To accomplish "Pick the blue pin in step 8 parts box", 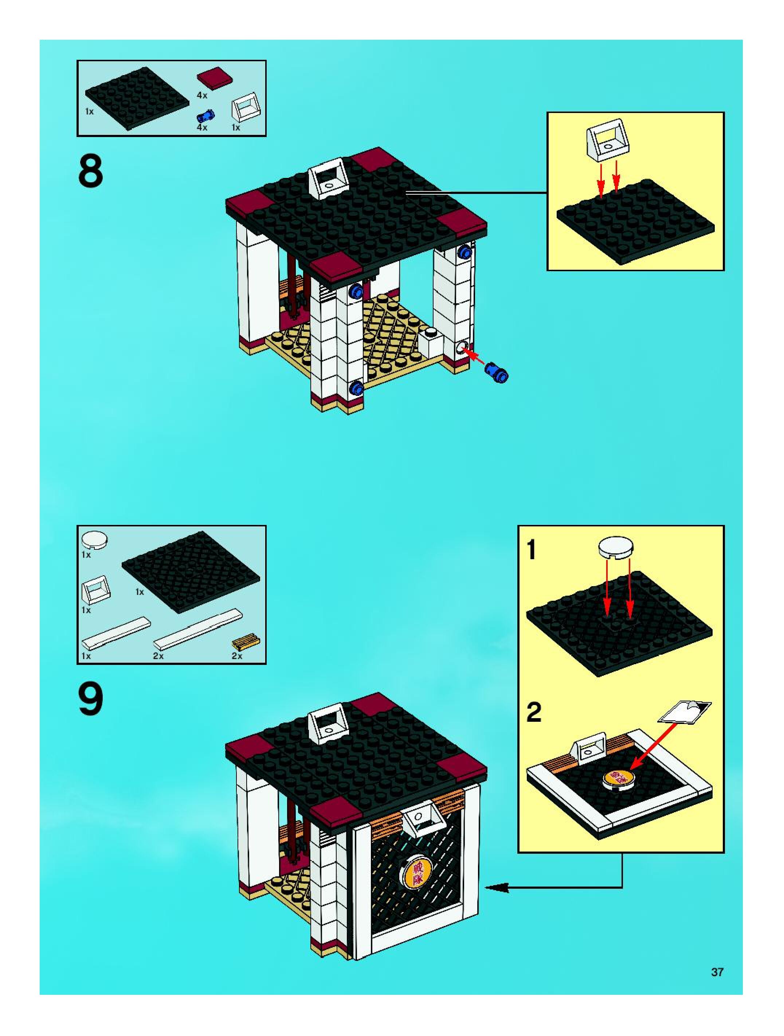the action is pyautogui.click(x=206, y=115).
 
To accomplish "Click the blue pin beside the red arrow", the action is pyautogui.click(x=497, y=373).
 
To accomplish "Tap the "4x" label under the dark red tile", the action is pyautogui.click(x=202, y=96).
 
